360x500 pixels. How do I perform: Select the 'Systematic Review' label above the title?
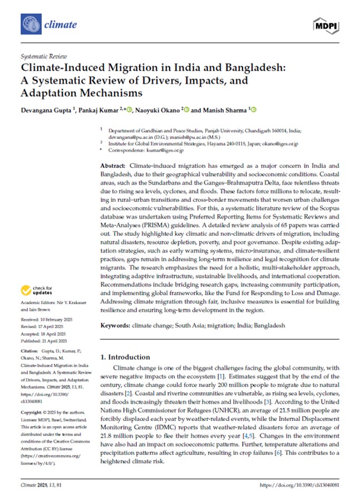point(43,56)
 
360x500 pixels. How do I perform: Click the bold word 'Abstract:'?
point(114,167)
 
